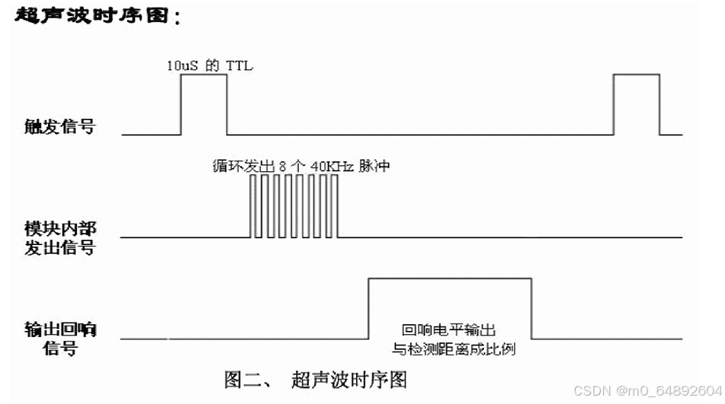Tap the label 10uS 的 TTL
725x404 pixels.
209,65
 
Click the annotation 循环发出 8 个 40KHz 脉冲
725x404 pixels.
300,165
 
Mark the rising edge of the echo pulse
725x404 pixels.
368,308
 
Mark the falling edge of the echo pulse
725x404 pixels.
531,308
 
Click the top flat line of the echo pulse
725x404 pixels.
450,278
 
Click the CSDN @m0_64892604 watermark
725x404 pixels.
647,390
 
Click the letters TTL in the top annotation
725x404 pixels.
240,65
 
